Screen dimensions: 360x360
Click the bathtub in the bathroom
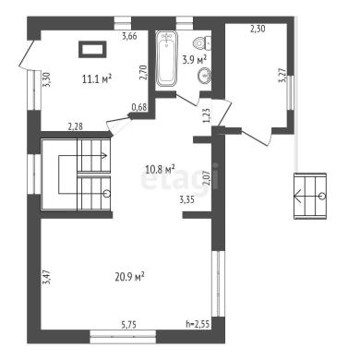coord(167,58)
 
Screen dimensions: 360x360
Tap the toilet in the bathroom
coord(203,42)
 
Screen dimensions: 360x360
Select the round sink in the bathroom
coord(204,76)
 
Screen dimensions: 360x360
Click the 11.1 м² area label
coord(97,79)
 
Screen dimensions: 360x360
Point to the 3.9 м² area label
coord(194,59)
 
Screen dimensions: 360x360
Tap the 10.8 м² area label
coord(160,169)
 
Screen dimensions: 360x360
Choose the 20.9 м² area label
coord(130,277)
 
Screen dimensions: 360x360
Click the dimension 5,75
coord(128,325)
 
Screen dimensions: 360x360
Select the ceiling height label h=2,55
coord(198,324)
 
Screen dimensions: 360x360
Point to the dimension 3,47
coord(46,278)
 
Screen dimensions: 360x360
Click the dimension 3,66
coord(129,36)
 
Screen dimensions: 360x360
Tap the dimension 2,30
coord(258,29)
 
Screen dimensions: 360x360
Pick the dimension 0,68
coord(139,107)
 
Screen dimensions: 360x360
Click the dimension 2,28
coord(76,126)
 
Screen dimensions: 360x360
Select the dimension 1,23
coord(207,115)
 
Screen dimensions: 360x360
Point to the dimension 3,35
coord(186,200)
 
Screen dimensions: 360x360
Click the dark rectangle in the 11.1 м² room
coord(92,49)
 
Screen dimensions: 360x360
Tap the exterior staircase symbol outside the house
coord(310,196)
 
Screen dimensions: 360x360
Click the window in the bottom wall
coord(123,336)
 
